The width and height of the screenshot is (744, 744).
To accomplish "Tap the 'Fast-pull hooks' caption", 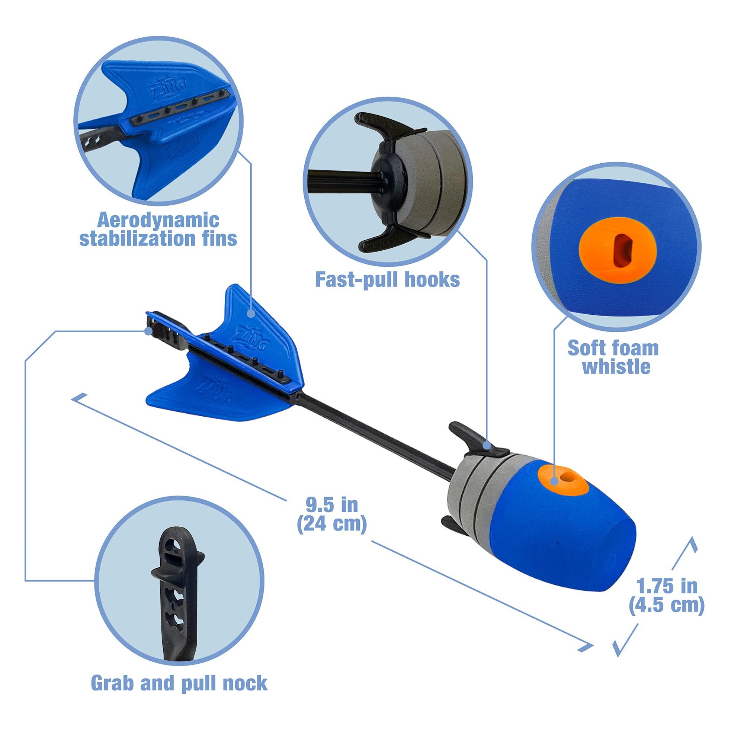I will click(387, 279).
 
